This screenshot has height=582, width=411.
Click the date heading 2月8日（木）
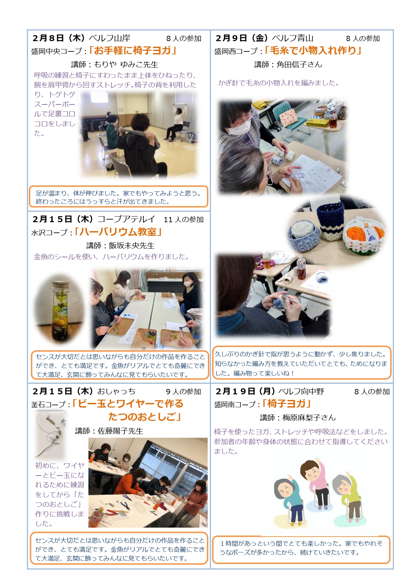pos(59,38)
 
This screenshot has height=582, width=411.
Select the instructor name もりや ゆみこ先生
pos(126,64)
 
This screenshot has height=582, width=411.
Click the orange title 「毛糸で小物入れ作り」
pos(313,50)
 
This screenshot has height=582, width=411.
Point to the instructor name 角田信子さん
pos(299,64)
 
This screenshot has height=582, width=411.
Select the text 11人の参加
pos(184,220)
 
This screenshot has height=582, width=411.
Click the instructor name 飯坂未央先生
pos(132,245)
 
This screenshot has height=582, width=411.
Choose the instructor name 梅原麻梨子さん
pos(309,418)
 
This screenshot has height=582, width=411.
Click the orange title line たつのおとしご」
pos(145,417)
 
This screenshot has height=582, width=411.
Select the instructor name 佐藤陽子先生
pos(121,431)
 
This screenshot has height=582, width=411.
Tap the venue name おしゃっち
pos(116,392)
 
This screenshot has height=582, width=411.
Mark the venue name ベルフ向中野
pos(301,392)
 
